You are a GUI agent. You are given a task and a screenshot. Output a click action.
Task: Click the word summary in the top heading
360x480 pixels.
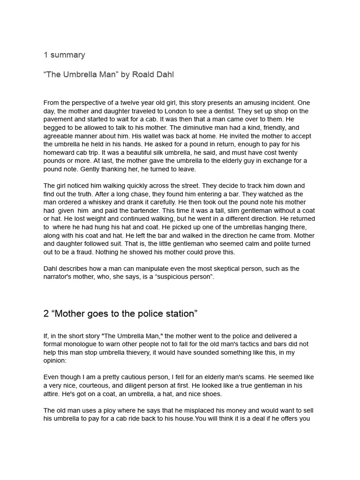tap(67, 55)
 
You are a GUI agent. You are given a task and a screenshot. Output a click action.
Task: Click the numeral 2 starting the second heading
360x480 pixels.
tap(46, 314)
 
